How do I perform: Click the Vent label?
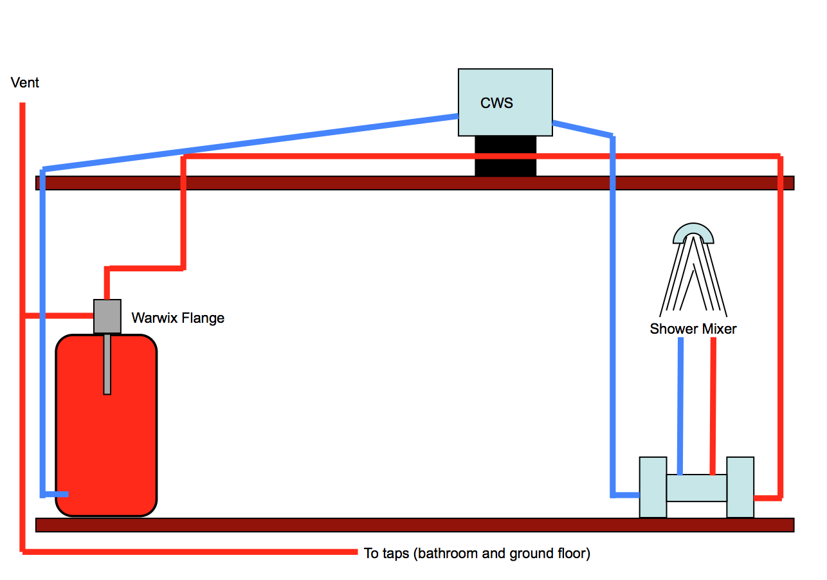point(25,83)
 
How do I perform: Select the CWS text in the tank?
point(496,103)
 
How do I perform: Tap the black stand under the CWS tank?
point(505,156)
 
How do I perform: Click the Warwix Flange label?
point(178,318)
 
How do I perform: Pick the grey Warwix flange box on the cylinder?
point(107,316)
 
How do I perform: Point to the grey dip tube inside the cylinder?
point(107,364)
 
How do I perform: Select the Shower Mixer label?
point(693,329)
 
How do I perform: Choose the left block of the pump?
point(653,487)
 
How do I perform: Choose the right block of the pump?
point(740,487)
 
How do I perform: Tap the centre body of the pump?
point(696,488)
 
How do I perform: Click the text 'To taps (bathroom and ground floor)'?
point(477,553)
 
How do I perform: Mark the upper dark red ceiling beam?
point(415,183)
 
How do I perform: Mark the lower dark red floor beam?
point(415,525)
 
